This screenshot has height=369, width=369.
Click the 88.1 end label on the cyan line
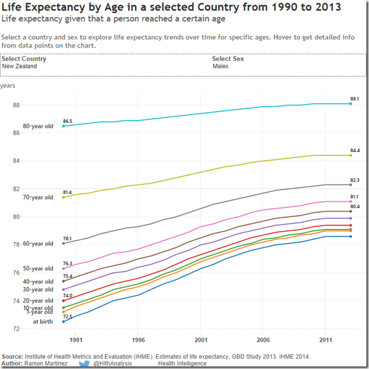[x=354, y=99]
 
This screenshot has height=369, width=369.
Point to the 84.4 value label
[x=354, y=150]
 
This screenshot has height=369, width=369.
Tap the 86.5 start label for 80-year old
[x=67, y=120]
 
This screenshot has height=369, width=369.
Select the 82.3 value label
[x=354, y=180]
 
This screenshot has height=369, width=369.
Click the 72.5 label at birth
[x=67, y=316]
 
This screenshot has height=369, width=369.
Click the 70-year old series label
[x=38, y=198]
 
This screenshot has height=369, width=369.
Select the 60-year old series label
[x=38, y=243]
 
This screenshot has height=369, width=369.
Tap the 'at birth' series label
[x=43, y=321]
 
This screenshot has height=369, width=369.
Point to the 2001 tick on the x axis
[x=201, y=340]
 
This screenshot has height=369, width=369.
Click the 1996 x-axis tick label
[x=139, y=340]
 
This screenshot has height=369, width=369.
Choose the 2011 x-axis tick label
[x=325, y=340]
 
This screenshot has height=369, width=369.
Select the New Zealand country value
[x=20, y=66]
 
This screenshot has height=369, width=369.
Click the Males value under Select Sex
[x=221, y=66]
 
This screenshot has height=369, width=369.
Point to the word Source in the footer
[x=13, y=357]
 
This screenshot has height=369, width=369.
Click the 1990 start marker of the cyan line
[x=63, y=126]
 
